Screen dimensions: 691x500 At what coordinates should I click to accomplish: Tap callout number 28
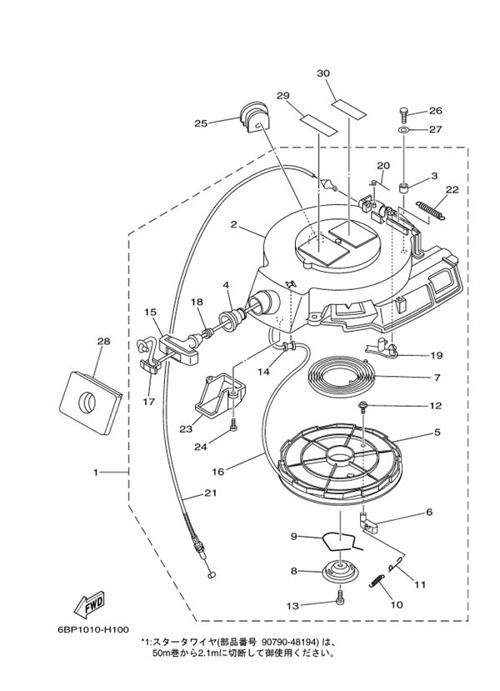tap(103, 341)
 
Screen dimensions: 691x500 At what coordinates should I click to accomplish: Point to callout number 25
tap(200, 123)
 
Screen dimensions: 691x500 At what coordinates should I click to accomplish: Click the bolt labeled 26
tap(405, 112)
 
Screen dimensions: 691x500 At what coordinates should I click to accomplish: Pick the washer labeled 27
tap(404, 130)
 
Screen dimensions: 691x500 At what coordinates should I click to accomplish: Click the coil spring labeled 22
tap(431, 212)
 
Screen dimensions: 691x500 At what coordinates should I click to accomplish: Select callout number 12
tap(436, 407)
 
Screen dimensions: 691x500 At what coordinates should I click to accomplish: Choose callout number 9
tap(294, 536)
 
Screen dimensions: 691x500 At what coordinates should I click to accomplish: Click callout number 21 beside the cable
tap(210, 493)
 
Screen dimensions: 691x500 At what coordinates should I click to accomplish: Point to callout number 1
tap(96, 473)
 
